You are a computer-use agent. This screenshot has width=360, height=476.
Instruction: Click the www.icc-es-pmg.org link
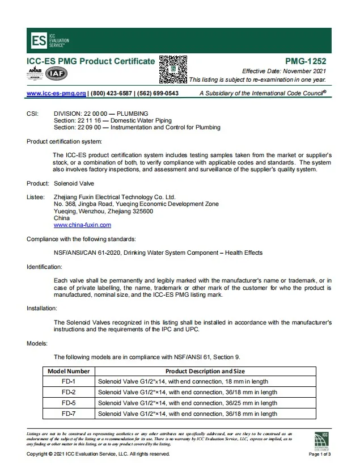coord(56,94)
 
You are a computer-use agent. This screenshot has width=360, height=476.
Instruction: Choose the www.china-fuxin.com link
coord(82,225)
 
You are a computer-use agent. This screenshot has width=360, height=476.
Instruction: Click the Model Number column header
coord(69,371)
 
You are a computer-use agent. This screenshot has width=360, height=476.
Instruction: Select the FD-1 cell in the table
coord(69,382)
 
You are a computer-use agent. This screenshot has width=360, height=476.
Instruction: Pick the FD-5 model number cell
coord(69,403)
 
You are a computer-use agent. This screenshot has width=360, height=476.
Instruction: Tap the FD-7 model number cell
coord(69,414)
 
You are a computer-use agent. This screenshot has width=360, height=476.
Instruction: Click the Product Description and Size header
coord(213,371)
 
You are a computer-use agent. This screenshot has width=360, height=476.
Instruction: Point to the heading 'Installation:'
coord(42,309)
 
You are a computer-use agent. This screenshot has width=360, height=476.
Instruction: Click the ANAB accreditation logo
coord(35,73)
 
